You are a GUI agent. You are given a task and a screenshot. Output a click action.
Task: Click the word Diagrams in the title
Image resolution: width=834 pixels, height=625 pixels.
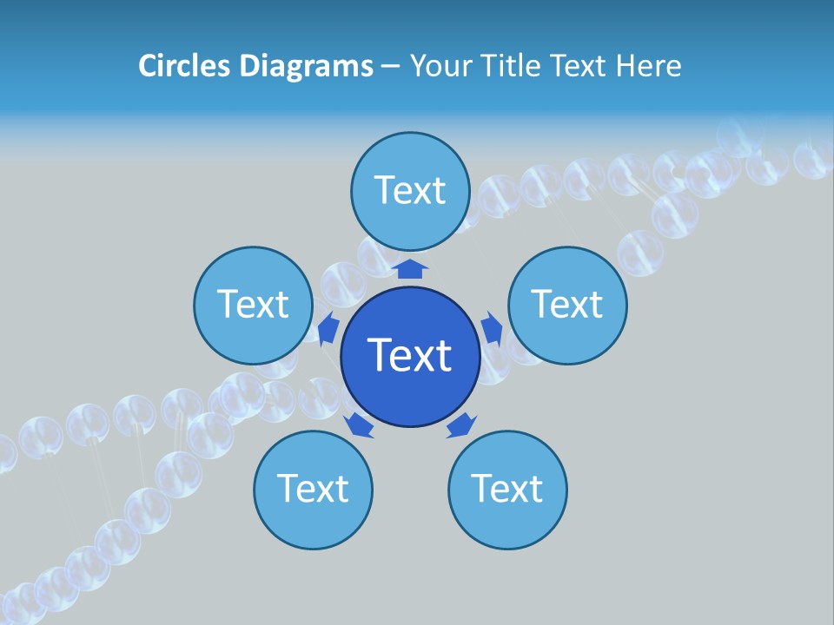click(307, 66)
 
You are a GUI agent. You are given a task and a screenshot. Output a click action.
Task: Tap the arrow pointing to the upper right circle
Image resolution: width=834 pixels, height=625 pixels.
click(493, 328)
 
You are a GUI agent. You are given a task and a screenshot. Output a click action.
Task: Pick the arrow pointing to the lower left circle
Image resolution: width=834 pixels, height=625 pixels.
click(359, 425)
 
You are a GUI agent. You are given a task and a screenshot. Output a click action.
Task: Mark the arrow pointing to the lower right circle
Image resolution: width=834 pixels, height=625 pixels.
click(461, 425)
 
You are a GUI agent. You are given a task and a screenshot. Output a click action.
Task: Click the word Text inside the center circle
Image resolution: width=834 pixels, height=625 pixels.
click(410, 355)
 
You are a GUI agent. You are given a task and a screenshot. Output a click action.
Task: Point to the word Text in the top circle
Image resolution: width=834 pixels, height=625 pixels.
click(410, 190)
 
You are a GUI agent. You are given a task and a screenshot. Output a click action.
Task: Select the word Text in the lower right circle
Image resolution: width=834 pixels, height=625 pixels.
click(507, 490)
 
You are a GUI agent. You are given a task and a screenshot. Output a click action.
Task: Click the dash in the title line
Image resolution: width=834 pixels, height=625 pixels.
click(390, 67)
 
